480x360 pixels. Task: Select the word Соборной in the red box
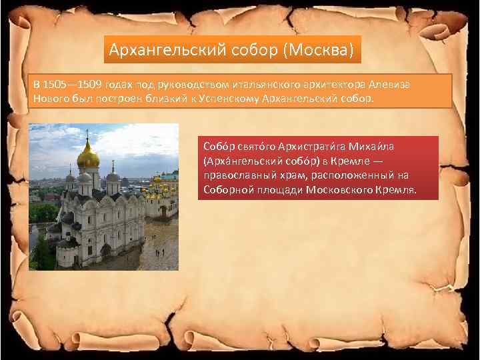coord(227,190)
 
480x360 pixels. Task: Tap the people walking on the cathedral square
coord(159,252)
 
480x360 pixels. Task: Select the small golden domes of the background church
coord(160,178)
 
